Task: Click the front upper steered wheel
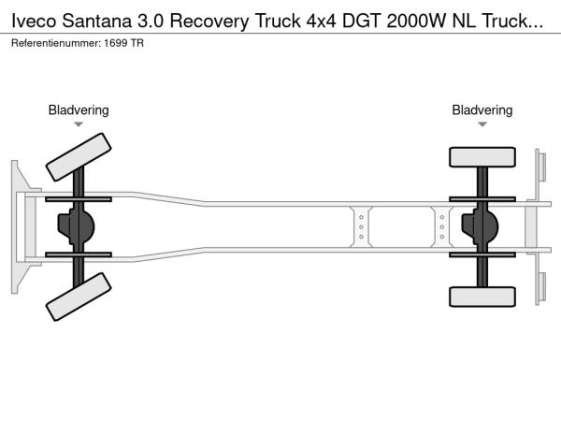[78, 157]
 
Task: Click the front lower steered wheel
[78, 300]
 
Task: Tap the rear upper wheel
[482, 157]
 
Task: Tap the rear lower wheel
[482, 297]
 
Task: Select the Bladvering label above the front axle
[79, 110]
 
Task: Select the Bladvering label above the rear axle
[482, 110]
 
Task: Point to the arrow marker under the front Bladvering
[79, 124]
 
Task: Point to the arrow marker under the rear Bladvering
[482, 124]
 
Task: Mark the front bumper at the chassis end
[17, 227]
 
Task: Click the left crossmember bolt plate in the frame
[360, 227]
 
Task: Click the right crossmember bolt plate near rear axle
[442, 227]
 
